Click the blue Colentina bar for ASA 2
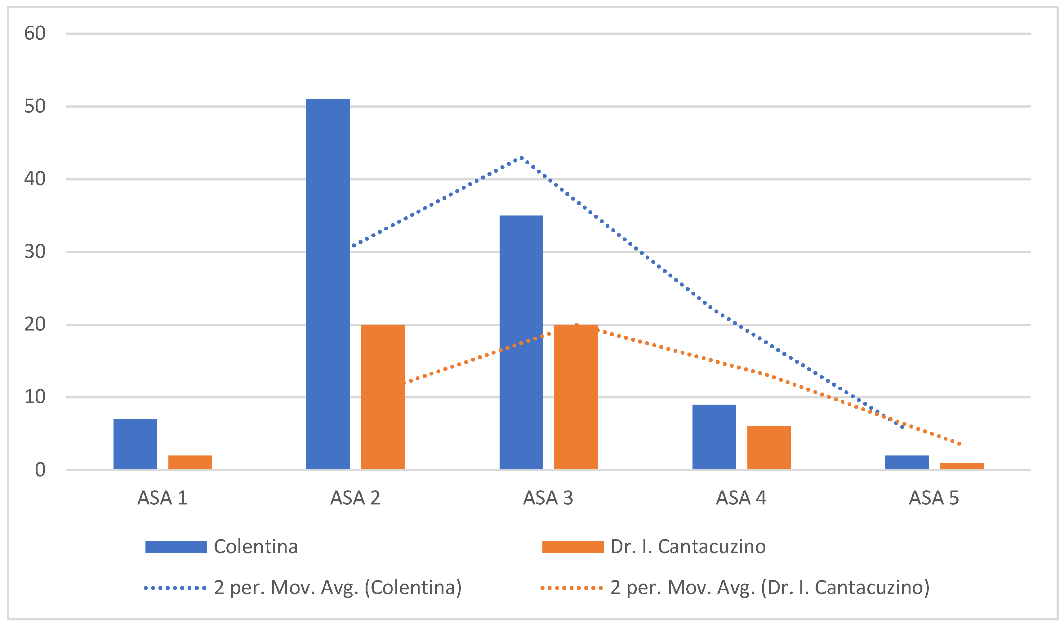tap(328, 284)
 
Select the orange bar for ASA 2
tap(383, 397)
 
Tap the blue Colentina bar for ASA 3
tap(521, 342)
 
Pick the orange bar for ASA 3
tap(576, 397)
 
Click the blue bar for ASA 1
tap(135, 444)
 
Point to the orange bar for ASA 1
tap(190, 462)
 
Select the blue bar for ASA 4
tap(714, 437)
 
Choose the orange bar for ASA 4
tap(769, 447)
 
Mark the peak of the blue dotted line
tap(522, 158)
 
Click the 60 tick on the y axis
tap(35, 33)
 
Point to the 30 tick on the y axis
tap(35, 252)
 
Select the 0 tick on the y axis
tap(40, 470)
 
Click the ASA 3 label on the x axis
tap(548, 498)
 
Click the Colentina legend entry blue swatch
tap(176, 547)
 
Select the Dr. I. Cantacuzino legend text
tap(688, 547)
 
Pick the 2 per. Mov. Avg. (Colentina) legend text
tap(338, 588)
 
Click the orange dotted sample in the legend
tap(572, 588)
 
